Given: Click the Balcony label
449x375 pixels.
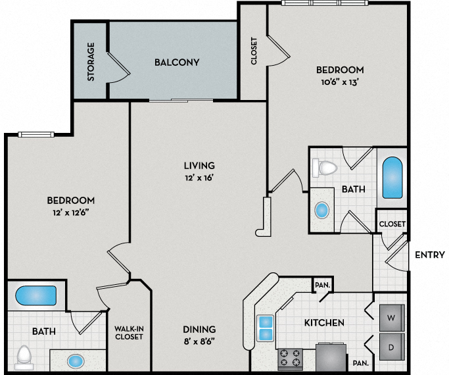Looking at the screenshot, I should tap(177, 63).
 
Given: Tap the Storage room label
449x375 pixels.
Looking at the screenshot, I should tap(91, 62).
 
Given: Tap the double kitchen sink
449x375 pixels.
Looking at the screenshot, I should tap(266, 328).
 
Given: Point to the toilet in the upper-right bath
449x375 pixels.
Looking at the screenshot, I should tap(327, 168).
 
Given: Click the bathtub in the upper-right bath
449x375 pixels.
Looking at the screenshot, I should tap(393, 178).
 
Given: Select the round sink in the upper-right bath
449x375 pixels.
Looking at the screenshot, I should tap(322, 211).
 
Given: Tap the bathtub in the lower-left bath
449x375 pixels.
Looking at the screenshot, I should tap(37, 295).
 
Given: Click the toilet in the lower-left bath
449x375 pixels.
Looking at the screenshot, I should tap(25, 356).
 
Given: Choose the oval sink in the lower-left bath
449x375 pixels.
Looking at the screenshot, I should tap(76, 361).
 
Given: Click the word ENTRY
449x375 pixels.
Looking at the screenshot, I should tap(430, 255).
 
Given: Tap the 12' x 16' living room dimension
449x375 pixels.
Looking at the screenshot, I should tap(199, 178).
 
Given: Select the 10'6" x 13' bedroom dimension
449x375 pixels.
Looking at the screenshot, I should tap(339, 82).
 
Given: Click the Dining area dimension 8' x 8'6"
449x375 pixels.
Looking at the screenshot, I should tap(199, 341).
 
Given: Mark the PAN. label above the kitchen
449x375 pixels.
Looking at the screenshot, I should tap(322, 285).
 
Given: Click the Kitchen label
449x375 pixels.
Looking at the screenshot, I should tap(324, 322).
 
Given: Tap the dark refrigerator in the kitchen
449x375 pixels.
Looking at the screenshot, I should tap(329, 358).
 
